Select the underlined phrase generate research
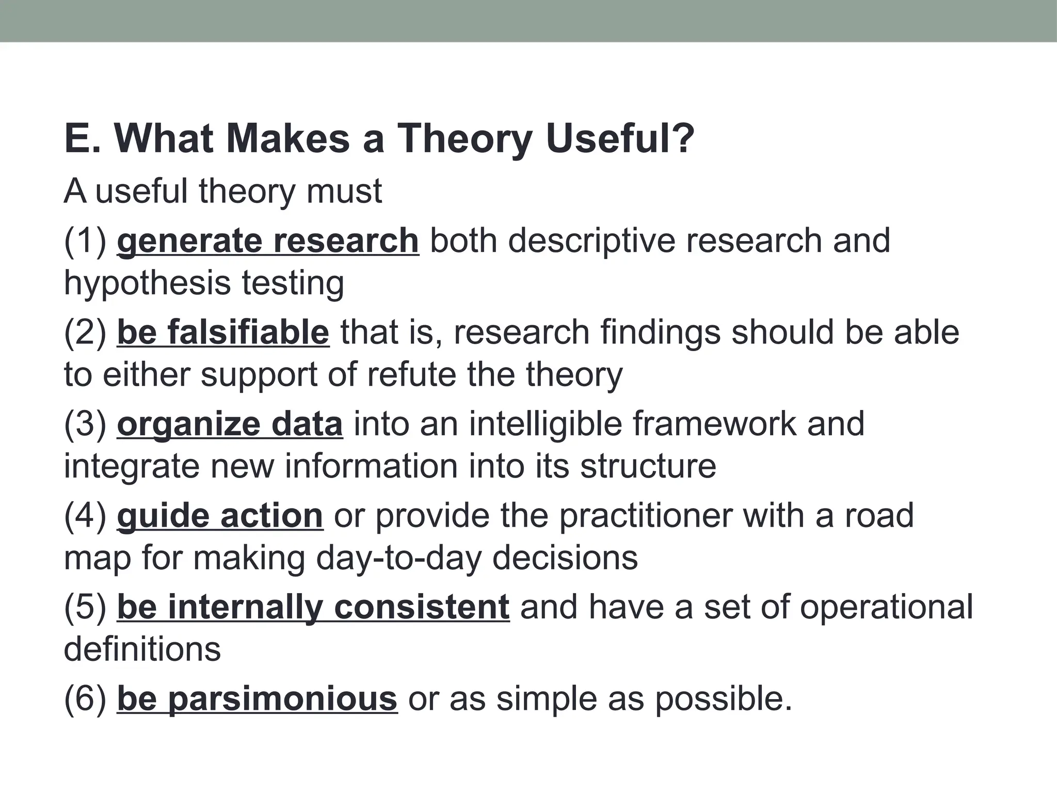click(x=268, y=241)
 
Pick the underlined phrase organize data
click(x=230, y=424)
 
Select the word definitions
click(x=142, y=649)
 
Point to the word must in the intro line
click(x=344, y=191)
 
